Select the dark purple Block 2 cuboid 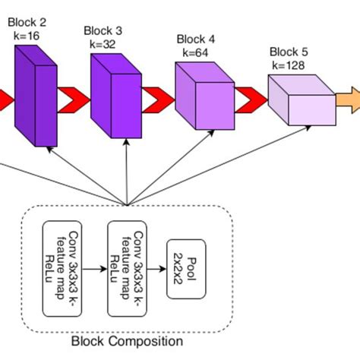35,95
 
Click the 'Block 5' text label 288,52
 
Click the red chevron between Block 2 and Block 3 74,98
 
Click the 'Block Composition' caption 125,341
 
